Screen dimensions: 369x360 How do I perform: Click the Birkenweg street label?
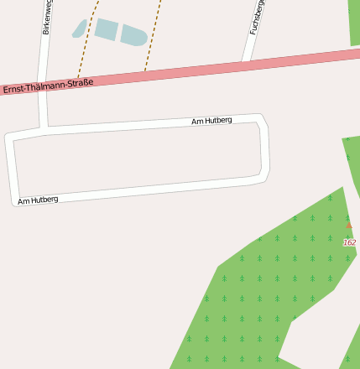(x=47, y=17)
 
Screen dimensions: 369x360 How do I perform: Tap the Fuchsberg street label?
(x=257, y=17)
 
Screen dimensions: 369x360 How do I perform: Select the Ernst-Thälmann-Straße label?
(x=48, y=86)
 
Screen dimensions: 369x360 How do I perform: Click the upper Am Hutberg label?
(x=211, y=121)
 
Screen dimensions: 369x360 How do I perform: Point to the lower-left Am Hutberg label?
(x=38, y=200)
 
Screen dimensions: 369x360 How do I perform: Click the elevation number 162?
(x=349, y=242)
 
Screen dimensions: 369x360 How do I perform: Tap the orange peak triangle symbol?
(x=349, y=226)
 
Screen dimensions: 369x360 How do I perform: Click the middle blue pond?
(x=106, y=30)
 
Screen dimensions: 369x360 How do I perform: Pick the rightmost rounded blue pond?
(x=133, y=36)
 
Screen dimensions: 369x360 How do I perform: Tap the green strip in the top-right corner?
(x=354, y=21)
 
